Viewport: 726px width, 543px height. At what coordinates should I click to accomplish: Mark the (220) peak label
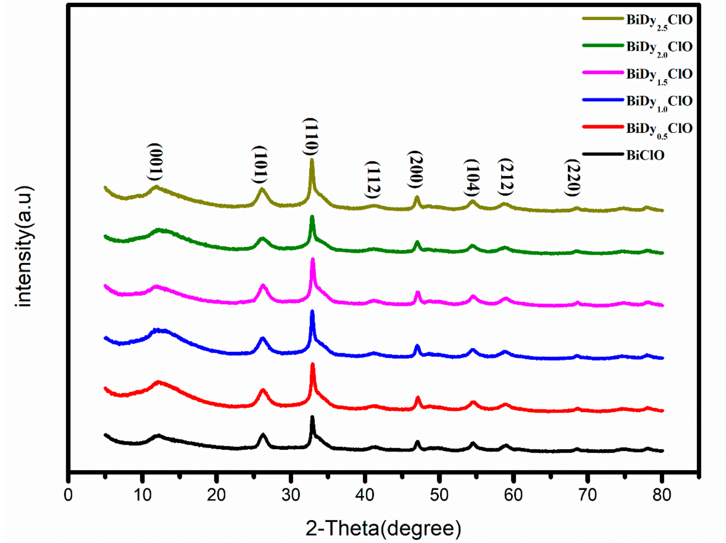573,177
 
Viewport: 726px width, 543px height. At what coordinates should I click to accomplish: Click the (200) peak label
416,169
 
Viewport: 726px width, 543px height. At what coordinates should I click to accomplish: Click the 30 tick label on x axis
290,495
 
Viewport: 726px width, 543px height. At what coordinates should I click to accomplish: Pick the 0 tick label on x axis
68,495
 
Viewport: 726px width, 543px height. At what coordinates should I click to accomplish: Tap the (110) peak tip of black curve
312,417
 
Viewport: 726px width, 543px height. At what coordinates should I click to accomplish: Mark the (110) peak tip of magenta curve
313,259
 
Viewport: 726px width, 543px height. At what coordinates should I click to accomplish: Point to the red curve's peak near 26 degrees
263,390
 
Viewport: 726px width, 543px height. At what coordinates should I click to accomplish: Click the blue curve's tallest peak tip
312,311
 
